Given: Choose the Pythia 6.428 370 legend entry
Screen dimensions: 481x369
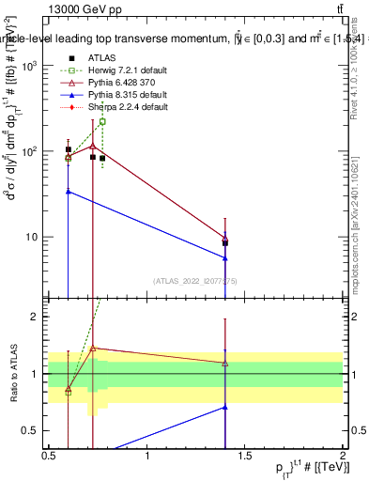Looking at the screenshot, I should [x=120, y=83].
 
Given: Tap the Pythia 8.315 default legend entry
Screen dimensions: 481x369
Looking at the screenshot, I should [x=122, y=95].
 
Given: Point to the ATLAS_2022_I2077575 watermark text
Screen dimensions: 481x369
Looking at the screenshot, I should [x=195, y=280].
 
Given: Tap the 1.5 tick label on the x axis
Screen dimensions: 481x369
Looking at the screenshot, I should [x=246, y=455].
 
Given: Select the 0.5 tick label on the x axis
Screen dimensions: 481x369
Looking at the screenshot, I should [x=49, y=455].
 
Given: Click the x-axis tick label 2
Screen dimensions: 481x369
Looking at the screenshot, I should [x=343, y=455].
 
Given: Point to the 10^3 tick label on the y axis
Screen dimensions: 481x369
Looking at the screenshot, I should [x=31, y=66].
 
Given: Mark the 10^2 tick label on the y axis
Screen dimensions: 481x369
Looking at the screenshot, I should [x=31, y=151].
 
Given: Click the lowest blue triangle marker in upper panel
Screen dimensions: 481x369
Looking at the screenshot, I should [x=225, y=258].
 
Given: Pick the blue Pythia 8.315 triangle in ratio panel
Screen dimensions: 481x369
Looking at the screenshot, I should [x=225, y=407].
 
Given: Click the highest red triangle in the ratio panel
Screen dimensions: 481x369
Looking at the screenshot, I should [x=92, y=348].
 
